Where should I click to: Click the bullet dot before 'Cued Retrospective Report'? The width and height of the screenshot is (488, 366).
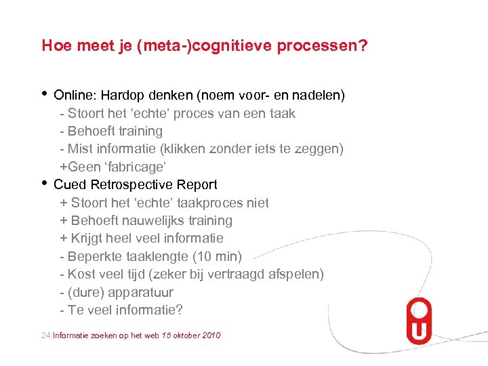point(45,182)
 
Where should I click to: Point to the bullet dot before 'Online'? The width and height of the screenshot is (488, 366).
point(45,93)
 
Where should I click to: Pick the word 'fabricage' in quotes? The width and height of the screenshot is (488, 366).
point(138,167)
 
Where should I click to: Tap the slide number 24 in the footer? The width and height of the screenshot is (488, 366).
point(45,335)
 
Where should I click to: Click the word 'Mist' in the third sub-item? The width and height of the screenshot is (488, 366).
point(80,148)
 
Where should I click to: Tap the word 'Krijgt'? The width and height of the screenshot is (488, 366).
point(89,238)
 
